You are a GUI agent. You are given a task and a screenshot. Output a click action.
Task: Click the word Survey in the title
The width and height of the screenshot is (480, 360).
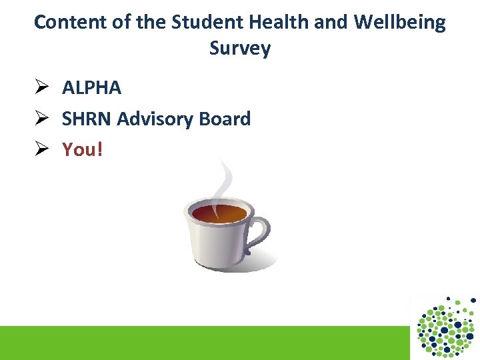click(x=240, y=49)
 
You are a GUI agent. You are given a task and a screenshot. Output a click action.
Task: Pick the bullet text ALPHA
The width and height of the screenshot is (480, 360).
click(x=91, y=87)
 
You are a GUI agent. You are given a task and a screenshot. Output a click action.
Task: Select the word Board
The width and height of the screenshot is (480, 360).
click(x=224, y=119)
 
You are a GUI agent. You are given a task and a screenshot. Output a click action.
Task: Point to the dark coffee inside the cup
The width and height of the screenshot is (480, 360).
click(x=219, y=214)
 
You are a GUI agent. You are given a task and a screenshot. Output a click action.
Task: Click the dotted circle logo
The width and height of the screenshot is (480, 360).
click(x=445, y=327)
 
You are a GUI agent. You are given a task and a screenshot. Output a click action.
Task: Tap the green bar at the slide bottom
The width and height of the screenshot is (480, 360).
click(x=200, y=343)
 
